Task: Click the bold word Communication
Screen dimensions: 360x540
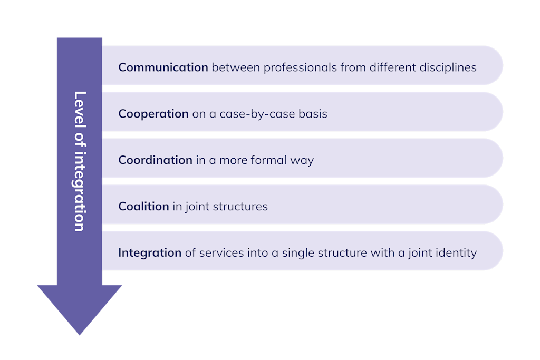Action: pyautogui.click(x=163, y=67)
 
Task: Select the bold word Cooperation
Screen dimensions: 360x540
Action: pyautogui.click(x=153, y=114)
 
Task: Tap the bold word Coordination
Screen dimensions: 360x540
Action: pyautogui.click(x=155, y=160)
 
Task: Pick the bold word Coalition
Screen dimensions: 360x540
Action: pyautogui.click(x=143, y=207)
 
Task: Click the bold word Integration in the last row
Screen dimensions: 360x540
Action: pyautogui.click(x=150, y=253)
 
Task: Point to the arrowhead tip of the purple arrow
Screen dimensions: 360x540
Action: pyautogui.click(x=79, y=334)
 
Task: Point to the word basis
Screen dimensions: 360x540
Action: pyautogui.click(x=312, y=114)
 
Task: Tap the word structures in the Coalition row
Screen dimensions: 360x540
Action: pyautogui.click(x=240, y=207)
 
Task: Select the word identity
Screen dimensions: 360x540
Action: pyautogui.click(x=457, y=253)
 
